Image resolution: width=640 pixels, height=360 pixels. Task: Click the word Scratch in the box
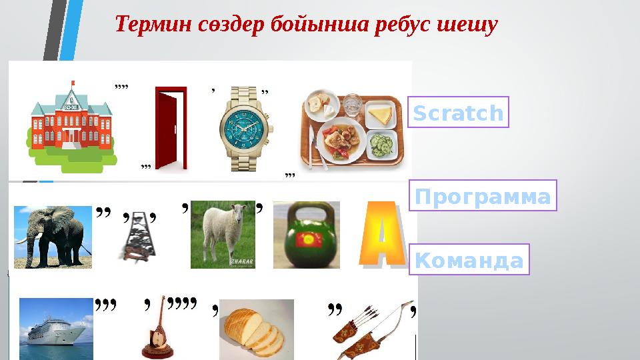[x=458, y=113]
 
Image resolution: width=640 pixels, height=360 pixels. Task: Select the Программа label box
[x=482, y=196]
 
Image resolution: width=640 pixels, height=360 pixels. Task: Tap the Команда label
[x=469, y=260]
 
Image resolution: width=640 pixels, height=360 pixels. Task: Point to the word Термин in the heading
[x=154, y=26]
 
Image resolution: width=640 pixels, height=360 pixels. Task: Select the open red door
[x=167, y=128]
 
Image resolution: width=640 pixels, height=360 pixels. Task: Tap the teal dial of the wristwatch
[x=243, y=123]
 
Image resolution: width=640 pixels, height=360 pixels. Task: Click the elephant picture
[x=53, y=237]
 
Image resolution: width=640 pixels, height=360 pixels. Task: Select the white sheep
[x=223, y=234]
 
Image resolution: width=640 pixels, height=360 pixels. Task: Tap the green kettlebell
[x=306, y=235]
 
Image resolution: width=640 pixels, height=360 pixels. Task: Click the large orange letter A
[x=381, y=235]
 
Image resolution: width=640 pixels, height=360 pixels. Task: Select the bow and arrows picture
[x=371, y=329]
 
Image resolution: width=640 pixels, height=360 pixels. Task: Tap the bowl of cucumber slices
[x=380, y=143]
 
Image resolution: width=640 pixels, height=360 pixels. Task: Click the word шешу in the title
[x=466, y=26]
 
